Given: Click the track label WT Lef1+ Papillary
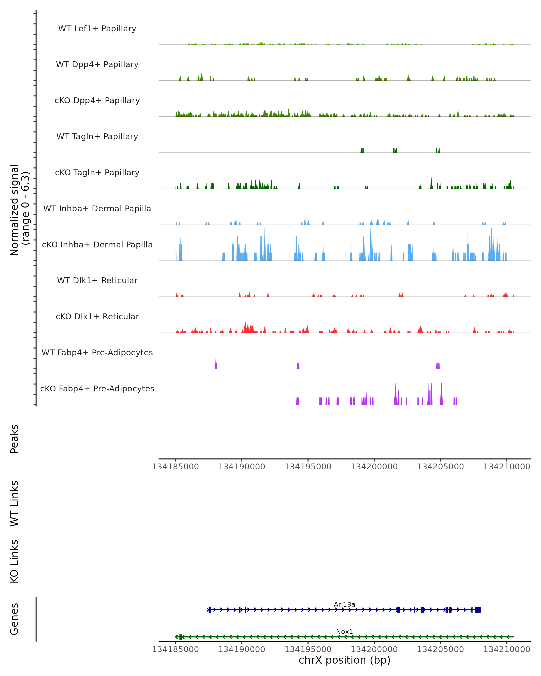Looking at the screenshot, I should click(x=97, y=29).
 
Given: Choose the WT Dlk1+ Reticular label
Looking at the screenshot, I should click(x=97, y=280).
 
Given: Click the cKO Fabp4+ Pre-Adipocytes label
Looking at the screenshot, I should click(x=97, y=388).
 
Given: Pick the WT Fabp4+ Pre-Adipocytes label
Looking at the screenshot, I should click(x=97, y=352).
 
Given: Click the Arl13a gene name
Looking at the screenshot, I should click(x=344, y=604).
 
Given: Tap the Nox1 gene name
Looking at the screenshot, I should click(x=344, y=631).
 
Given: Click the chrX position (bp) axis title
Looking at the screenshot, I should click(x=344, y=660).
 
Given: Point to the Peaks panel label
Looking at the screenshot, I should click(x=14, y=439).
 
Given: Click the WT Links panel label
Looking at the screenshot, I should click(x=14, y=503).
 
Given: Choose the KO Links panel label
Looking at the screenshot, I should click(x=14, y=561).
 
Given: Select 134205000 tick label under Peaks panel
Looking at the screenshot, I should click(x=440, y=467).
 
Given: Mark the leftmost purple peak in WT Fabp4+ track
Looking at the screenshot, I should click(x=216, y=364).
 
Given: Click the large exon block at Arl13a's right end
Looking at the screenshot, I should click(x=477, y=610).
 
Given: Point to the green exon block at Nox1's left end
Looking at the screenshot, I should click(x=180, y=637).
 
